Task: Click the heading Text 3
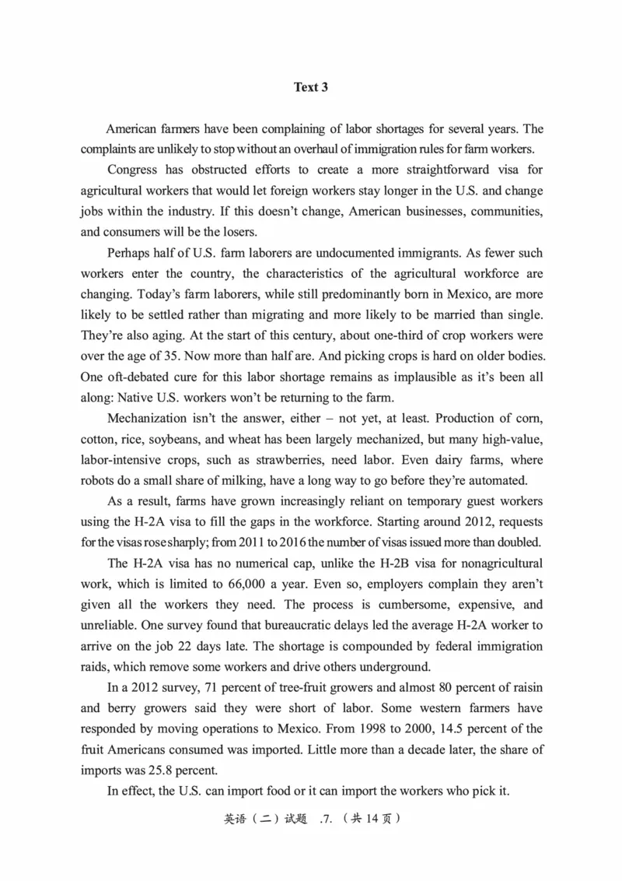tap(311, 87)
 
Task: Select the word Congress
tap(132, 170)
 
